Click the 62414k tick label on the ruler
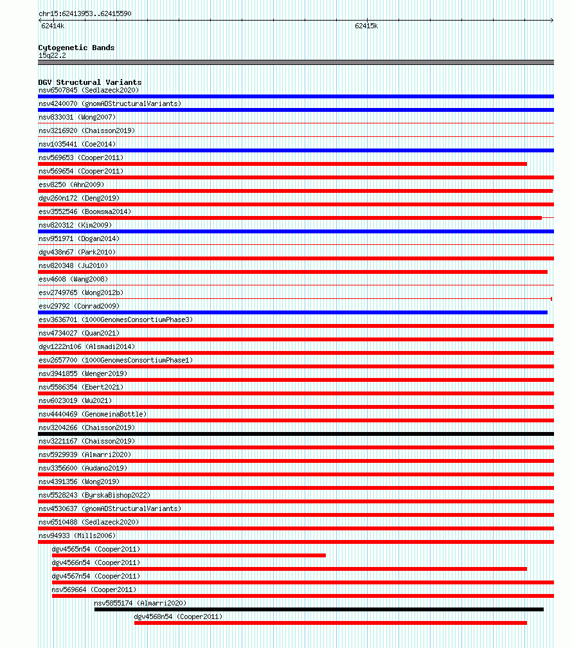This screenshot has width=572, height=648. [x=52, y=26]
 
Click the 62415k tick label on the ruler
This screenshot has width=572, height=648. [x=366, y=26]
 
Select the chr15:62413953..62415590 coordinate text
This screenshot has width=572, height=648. [x=85, y=14]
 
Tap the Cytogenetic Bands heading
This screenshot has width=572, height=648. [x=76, y=48]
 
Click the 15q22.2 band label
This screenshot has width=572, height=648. [x=52, y=55]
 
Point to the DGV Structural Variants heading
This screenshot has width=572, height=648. [x=89, y=82]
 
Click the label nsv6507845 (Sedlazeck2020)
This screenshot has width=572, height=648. [x=88, y=90]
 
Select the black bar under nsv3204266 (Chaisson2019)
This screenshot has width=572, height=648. [x=296, y=434]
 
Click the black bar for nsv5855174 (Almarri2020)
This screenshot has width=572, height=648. [x=319, y=609]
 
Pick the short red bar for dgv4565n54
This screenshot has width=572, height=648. [x=188, y=555]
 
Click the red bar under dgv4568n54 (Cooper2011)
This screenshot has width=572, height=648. [x=330, y=623]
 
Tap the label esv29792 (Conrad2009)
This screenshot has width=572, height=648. [x=79, y=306]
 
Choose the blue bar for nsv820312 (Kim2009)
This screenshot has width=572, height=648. [x=296, y=231]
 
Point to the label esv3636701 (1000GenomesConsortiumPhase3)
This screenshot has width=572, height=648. [x=116, y=319]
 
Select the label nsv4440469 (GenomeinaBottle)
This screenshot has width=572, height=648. [x=93, y=414]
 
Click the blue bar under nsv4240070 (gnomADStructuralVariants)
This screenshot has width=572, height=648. [x=296, y=110]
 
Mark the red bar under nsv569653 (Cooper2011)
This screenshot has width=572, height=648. [x=283, y=164]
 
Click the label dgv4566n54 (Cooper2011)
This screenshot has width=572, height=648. [x=96, y=562]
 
